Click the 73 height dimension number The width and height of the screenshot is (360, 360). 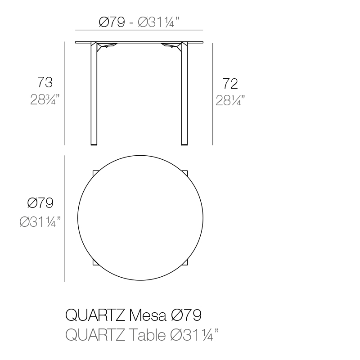[x=45, y=82]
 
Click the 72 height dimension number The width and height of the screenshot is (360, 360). [x=230, y=84]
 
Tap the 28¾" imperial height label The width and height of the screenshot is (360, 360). [x=45, y=99]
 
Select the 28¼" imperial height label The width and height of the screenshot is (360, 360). [x=230, y=100]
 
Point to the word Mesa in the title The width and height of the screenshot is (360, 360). [x=148, y=315]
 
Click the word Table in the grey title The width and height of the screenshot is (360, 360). [x=147, y=335]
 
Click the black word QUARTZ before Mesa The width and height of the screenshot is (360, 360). [x=95, y=315]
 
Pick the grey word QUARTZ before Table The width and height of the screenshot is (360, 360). [x=95, y=335]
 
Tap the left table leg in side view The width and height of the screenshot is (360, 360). [x=94, y=94]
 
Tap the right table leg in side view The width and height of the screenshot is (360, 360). [x=184, y=94]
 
